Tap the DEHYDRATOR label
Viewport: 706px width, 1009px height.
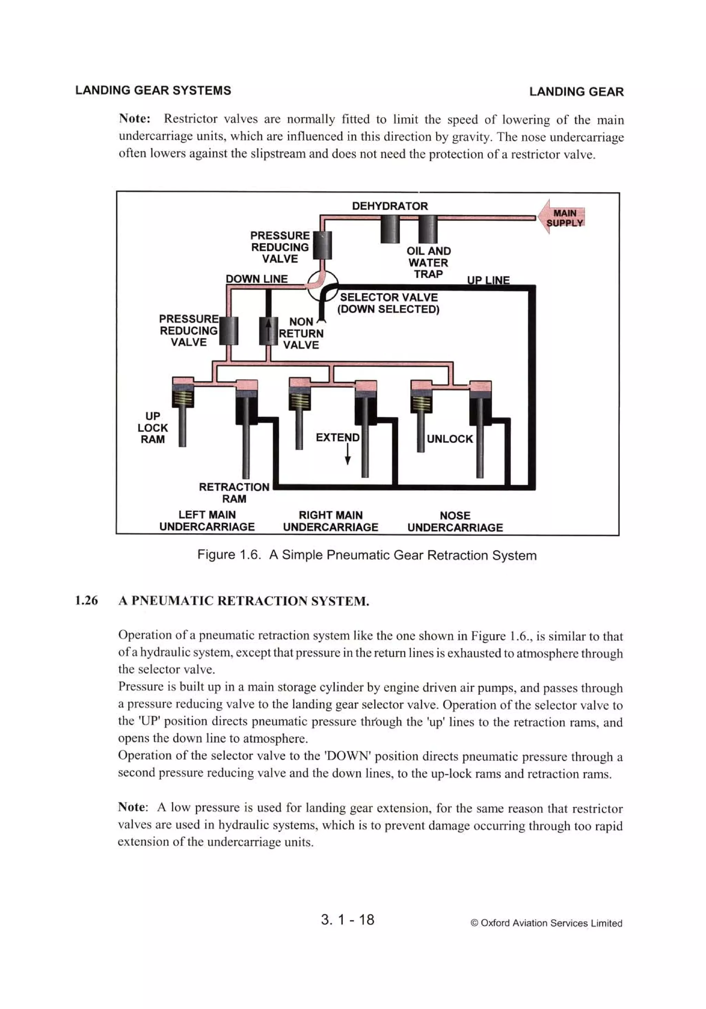point(390,206)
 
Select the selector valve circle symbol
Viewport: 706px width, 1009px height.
point(322,286)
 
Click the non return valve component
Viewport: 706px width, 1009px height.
point(268,331)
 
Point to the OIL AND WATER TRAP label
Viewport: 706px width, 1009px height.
point(428,262)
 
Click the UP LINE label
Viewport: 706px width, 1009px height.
point(488,280)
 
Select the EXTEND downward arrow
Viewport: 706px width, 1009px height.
point(347,454)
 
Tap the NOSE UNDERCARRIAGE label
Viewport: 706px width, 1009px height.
point(455,521)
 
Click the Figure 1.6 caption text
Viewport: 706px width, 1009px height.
point(367,555)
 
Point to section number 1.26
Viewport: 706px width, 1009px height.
point(86,600)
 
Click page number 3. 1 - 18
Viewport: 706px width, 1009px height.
point(347,919)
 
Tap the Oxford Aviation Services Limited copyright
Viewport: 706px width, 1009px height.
point(546,923)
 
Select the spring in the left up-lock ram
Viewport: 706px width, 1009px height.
point(182,398)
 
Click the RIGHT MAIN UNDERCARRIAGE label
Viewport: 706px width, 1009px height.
point(330,521)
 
